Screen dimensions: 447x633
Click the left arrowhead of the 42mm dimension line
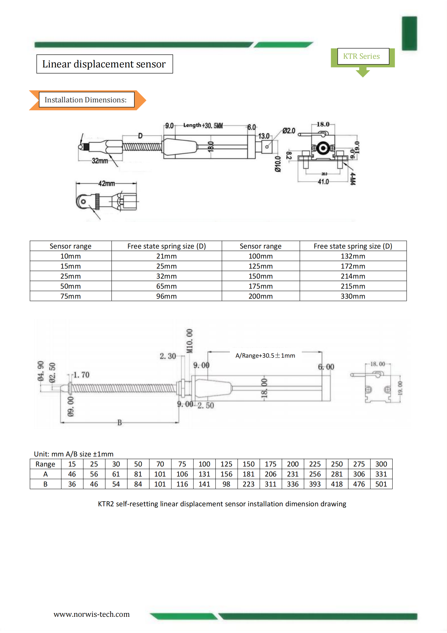pos(77,183)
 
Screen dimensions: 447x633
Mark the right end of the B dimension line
pos(179,422)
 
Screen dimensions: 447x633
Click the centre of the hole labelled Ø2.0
pos(267,147)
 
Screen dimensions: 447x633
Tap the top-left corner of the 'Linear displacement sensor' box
pos(37,55)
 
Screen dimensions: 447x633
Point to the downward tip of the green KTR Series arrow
pos(363,77)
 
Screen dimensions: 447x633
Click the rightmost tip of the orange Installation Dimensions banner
pos(146,100)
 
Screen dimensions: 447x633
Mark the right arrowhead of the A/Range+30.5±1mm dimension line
pos(322,352)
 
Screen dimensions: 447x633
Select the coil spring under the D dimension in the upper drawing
pos(142,147)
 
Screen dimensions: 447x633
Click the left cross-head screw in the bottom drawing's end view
pos(369,390)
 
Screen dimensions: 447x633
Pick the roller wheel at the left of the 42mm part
pos(82,201)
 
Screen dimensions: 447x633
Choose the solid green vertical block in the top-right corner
pos(409,33)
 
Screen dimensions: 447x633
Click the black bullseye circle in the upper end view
pos(323,148)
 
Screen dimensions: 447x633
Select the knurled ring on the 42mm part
pos(97,201)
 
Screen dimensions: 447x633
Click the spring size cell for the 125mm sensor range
pos(353,266)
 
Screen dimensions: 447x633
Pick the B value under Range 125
pos(226,484)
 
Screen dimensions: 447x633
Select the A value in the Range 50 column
pos(138,474)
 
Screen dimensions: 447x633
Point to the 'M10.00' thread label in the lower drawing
pos(190,341)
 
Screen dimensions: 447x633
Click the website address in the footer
pos(92,614)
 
